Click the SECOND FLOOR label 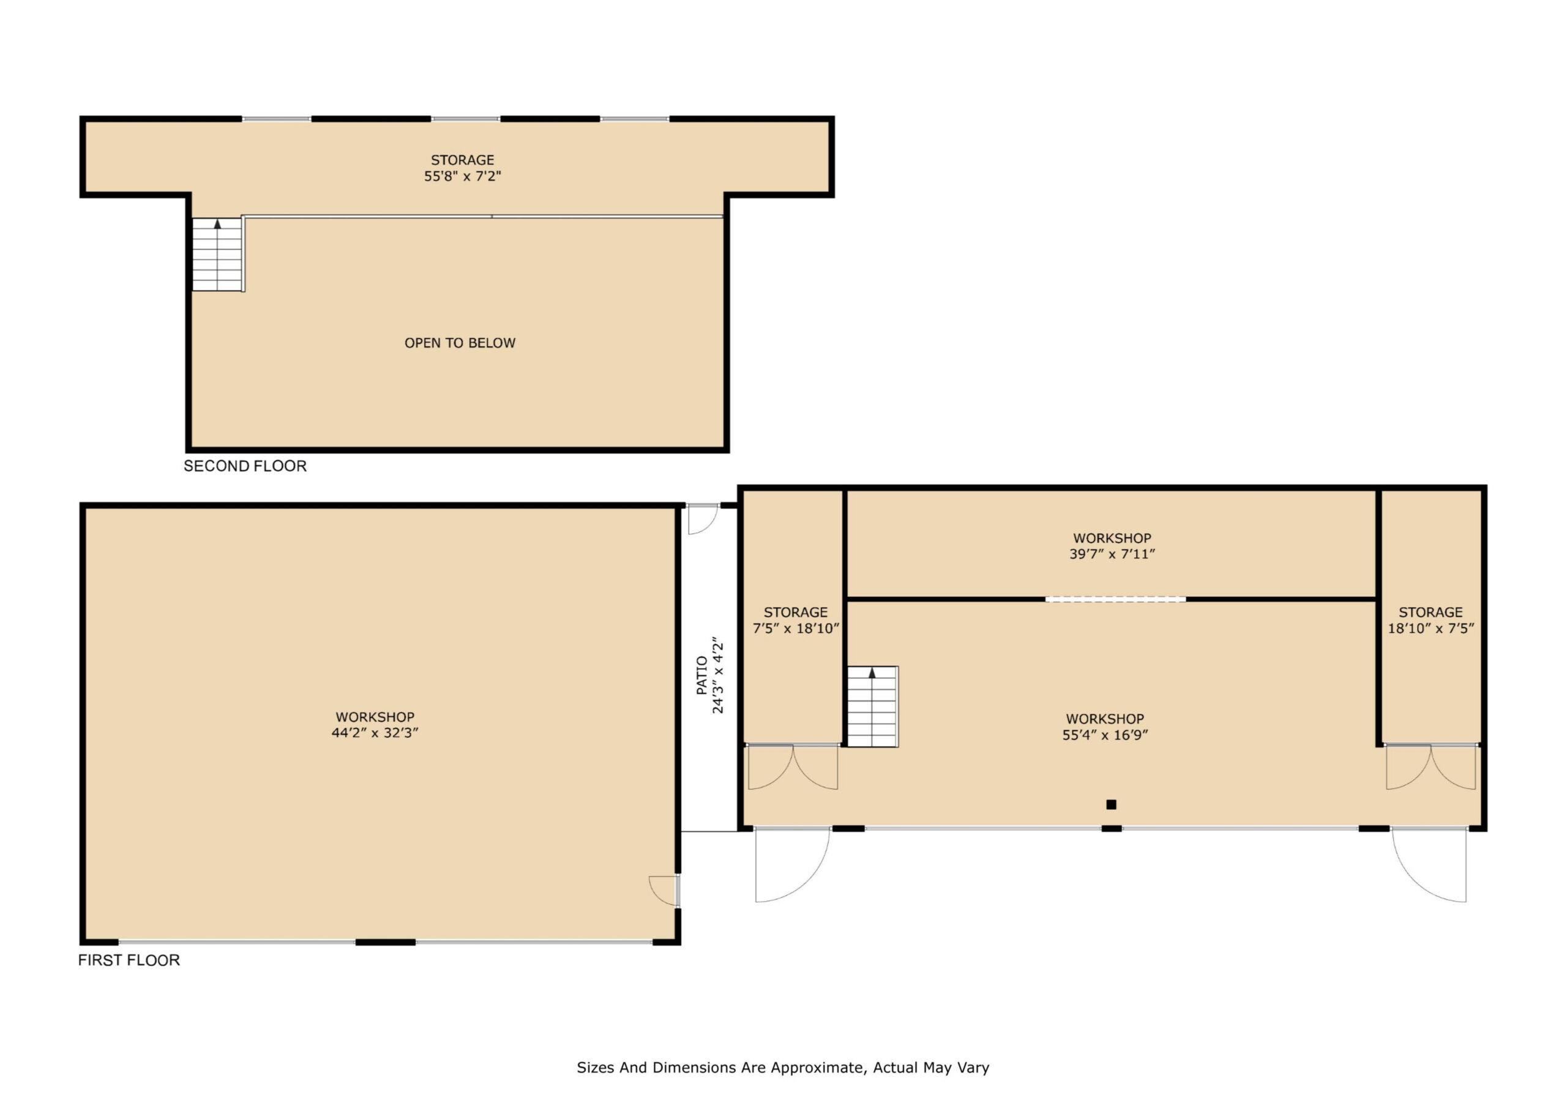pyautogui.click(x=245, y=466)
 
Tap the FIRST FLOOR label pyautogui.click(x=129, y=960)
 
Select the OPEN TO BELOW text pyautogui.click(x=460, y=343)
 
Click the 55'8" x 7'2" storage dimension pyautogui.click(x=463, y=176)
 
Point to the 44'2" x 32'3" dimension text pyautogui.click(x=375, y=733)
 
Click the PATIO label pyautogui.click(x=701, y=676)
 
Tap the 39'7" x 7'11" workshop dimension pyautogui.click(x=1112, y=555)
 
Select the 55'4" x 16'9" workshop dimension pyautogui.click(x=1105, y=735)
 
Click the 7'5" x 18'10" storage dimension pyautogui.click(x=796, y=629)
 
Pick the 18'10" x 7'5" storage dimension pyautogui.click(x=1430, y=629)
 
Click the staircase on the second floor pyautogui.click(x=218, y=255)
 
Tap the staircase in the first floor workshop pyautogui.click(x=872, y=706)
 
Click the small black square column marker pyautogui.click(x=1111, y=805)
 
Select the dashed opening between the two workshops pyautogui.click(x=1115, y=599)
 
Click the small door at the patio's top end pyautogui.click(x=703, y=519)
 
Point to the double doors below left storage pyautogui.click(x=793, y=766)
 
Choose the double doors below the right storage pyautogui.click(x=1430, y=766)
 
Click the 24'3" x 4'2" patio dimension pyautogui.click(x=718, y=676)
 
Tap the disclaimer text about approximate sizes pyautogui.click(x=783, y=1068)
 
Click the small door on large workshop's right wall pyautogui.click(x=664, y=890)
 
